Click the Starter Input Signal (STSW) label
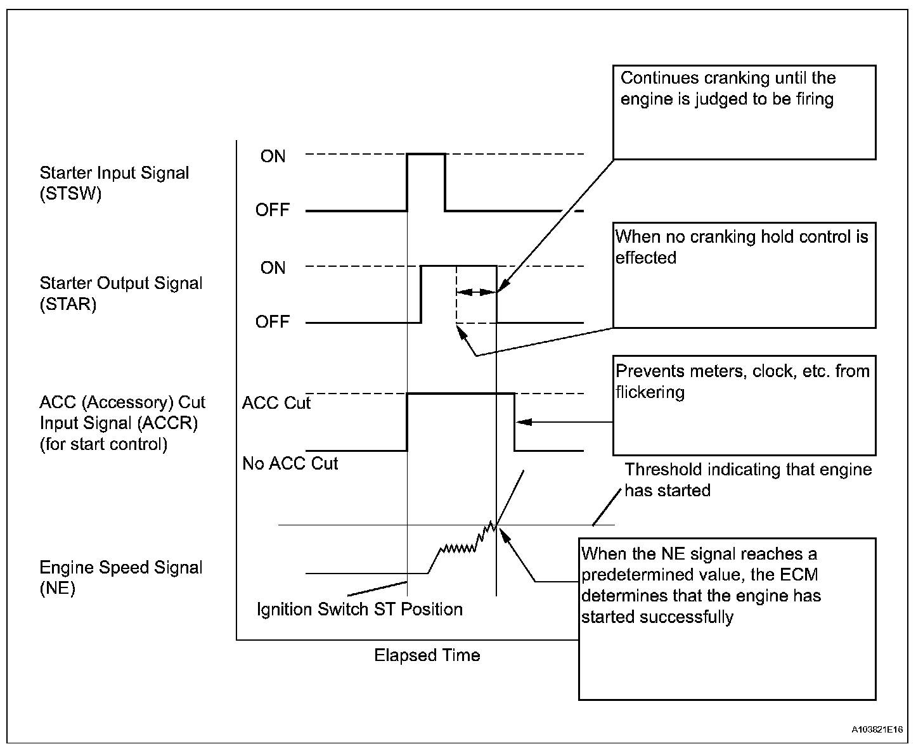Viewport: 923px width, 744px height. click(114, 183)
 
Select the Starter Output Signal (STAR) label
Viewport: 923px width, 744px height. click(120, 293)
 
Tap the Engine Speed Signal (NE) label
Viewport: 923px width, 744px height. click(120, 577)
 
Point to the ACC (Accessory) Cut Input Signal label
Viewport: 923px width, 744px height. click(122, 423)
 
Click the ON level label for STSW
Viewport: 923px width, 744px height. click(273, 157)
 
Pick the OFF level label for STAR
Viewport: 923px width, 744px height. click(272, 322)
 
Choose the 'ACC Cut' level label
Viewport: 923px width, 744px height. click(276, 403)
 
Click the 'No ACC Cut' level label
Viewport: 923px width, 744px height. click(290, 464)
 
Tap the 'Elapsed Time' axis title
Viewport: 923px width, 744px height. click(427, 655)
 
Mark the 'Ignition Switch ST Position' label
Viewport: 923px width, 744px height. click(359, 610)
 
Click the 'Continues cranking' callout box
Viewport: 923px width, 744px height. click(744, 112)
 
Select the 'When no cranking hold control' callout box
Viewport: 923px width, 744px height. click(744, 275)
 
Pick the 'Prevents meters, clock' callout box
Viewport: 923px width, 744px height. click(744, 405)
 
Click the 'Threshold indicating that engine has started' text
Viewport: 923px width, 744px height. click(748, 480)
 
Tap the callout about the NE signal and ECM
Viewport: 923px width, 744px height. click(727, 619)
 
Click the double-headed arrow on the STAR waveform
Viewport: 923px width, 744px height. click(476, 292)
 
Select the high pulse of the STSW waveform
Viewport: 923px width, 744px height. click(426, 155)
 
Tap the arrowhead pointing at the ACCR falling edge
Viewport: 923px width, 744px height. click(522, 421)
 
